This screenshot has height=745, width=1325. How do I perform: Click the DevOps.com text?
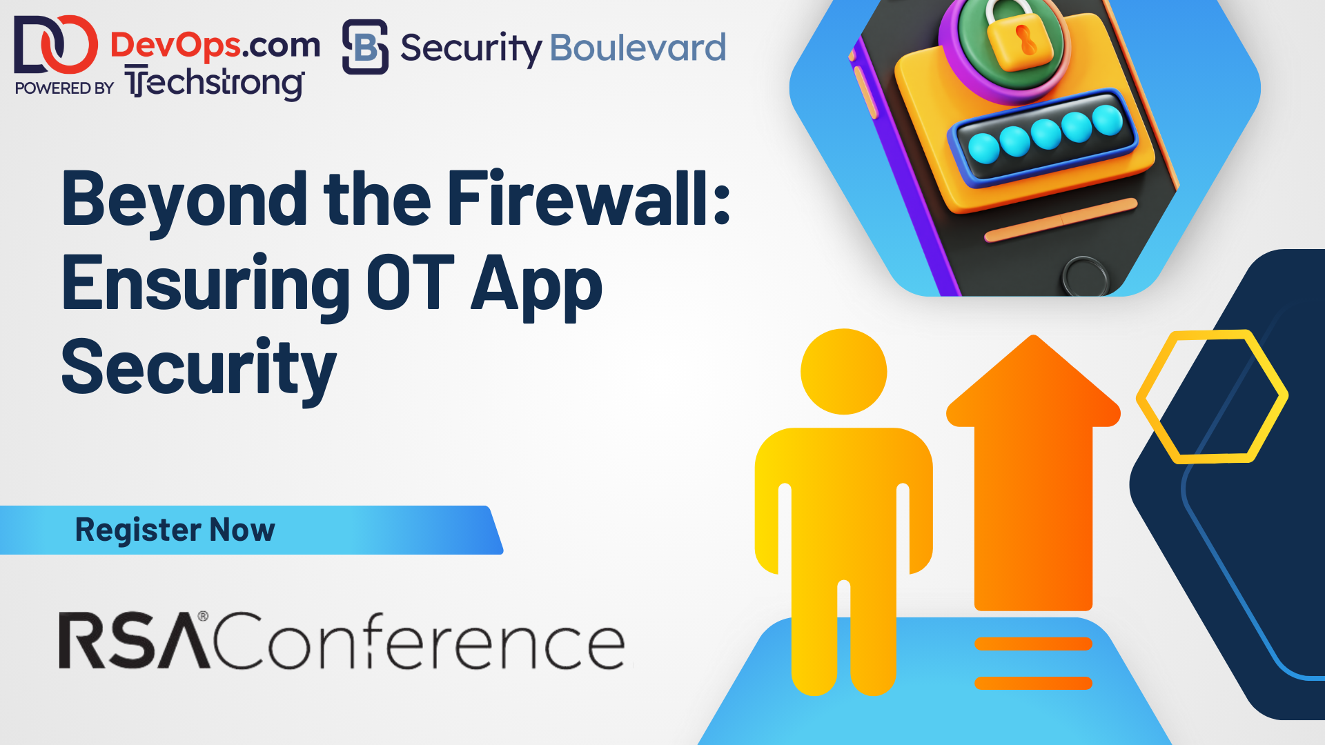[215, 46]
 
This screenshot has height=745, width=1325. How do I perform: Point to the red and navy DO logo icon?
[55, 45]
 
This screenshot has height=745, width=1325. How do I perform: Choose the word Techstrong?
[215, 83]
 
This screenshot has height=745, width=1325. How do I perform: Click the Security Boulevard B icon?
[365, 47]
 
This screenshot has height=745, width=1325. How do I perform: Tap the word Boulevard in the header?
[638, 48]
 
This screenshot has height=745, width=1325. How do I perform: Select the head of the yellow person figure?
[843, 371]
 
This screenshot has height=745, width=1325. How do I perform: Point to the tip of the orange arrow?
[1033, 336]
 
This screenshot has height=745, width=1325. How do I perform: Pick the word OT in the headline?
[410, 283]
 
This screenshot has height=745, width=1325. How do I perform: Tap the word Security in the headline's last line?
[199, 370]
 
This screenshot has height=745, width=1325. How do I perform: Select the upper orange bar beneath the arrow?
[1033, 644]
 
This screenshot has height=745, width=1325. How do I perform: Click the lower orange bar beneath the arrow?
[1033, 683]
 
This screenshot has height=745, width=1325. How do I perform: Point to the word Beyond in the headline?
[185, 201]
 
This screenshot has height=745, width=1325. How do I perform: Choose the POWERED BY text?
[64, 88]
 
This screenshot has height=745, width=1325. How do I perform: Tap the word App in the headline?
[536, 288]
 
